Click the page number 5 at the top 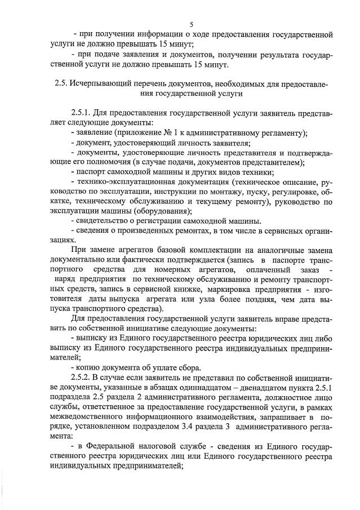coord(192,25)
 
